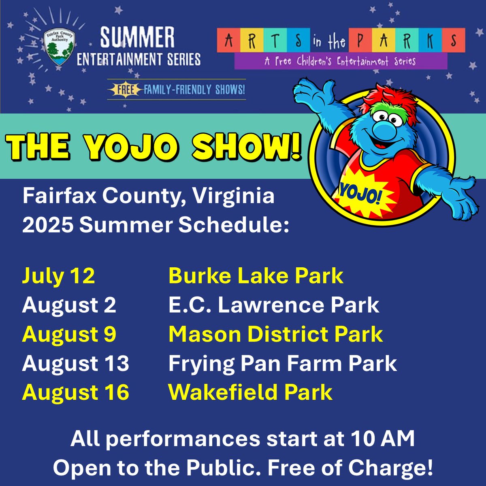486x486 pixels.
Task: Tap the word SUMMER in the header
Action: [138, 38]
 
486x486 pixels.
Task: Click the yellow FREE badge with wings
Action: [125, 89]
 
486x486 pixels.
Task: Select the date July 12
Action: [58, 276]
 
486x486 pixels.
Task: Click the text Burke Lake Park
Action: [256, 276]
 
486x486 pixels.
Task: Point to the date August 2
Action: [69, 305]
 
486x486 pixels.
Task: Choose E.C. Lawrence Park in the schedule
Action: [273, 305]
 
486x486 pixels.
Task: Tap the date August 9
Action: [69, 335]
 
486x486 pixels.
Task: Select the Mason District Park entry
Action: [275, 335]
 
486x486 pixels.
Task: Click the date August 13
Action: [75, 364]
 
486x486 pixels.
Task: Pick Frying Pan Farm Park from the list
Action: [282, 364]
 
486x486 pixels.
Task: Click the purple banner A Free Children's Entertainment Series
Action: [340, 62]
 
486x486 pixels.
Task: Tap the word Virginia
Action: [233, 196]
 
